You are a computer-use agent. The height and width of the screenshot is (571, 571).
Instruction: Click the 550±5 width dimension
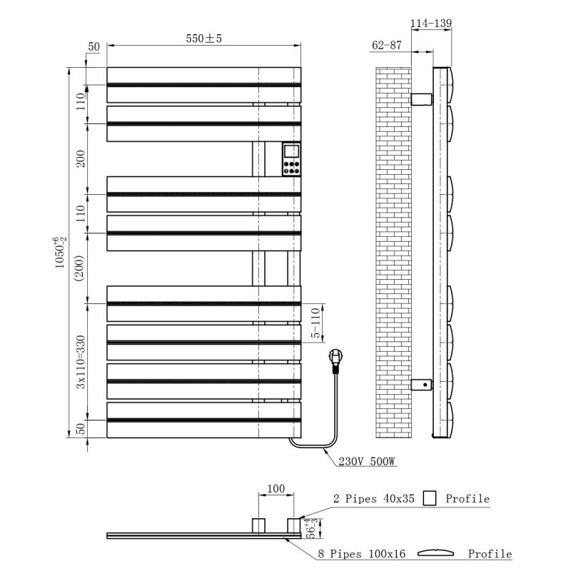pyautogui.click(x=203, y=39)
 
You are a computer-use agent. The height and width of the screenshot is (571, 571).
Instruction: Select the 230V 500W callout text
pyautogui.click(x=367, y=461)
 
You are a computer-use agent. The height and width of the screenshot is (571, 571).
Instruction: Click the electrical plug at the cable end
pyautogui.click(x=335, y=361)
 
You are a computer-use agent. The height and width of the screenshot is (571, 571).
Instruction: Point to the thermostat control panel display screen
pyautogui.click(x=291, y=151)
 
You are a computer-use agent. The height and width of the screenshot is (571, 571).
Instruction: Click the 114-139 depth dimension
pyautogui.click(x=431, y=24)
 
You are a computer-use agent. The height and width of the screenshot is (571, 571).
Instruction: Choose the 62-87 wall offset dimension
pyautogui.click(x=387, y=45)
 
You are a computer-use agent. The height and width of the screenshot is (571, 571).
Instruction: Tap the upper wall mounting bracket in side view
pyautogui.click(x=422, y=99)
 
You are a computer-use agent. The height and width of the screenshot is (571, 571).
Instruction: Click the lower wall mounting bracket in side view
pyautogui.click(x=422, y=385)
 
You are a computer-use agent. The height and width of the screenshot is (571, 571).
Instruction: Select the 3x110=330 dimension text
pyautogui.click(x=81, y=362)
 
